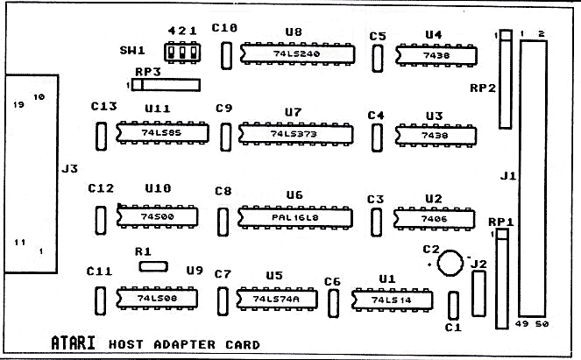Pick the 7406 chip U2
click(x=433, y=217)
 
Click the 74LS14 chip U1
click(x=391, y=300)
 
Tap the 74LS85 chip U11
click(x=163, y=135)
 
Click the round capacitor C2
click(x=451, y=262)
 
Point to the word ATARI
click(x=69, y=342)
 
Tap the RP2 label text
click(x=482, y=88)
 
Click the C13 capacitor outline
click(x=102, y=136)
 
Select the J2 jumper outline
click(x=478, y=293)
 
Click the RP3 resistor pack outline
click(x=167, y=85)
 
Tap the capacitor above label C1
click(x=452, y=306)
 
